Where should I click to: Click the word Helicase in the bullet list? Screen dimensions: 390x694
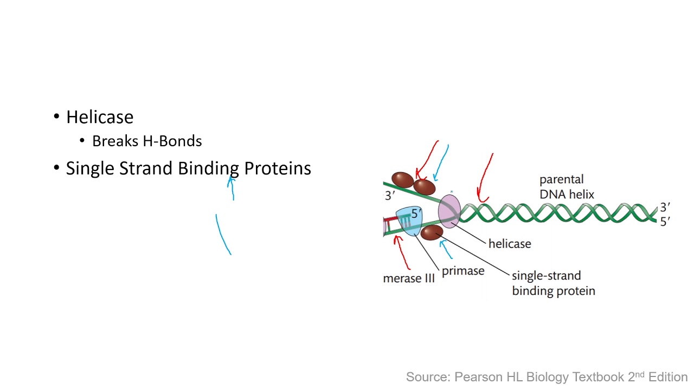100,117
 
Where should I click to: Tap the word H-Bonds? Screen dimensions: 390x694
172,141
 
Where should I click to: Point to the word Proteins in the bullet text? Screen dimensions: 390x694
277,168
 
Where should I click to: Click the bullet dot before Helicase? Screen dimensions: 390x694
57,117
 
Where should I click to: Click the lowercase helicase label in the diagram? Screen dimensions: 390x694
509,244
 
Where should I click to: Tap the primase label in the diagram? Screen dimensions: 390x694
462,271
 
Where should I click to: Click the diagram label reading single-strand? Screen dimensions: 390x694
546,276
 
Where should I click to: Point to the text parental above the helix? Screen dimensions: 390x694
561,179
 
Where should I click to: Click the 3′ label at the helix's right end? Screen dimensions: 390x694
665,207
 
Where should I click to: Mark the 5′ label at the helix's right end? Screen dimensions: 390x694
665,221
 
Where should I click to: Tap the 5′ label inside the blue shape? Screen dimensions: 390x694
416,213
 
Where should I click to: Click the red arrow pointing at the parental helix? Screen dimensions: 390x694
484,179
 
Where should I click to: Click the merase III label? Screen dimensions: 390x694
409,278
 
